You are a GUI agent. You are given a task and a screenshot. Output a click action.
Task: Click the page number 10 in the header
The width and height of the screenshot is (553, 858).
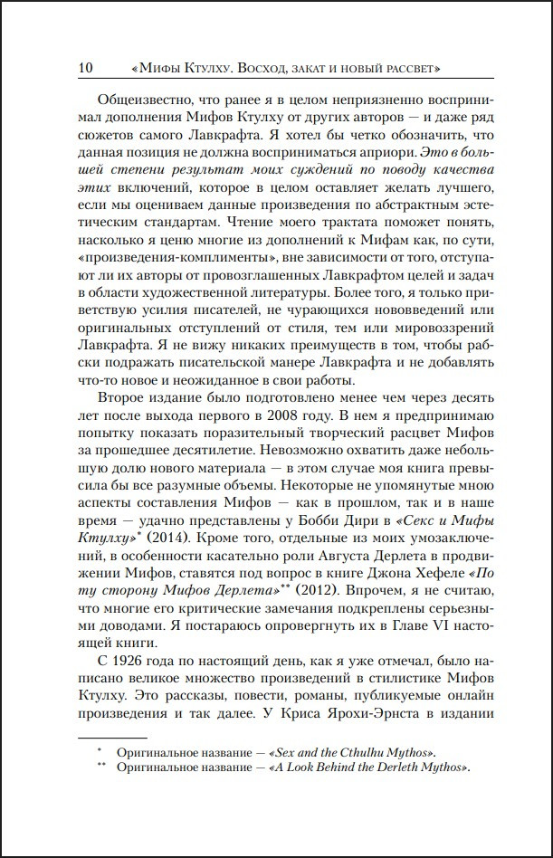tap(87, 68)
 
